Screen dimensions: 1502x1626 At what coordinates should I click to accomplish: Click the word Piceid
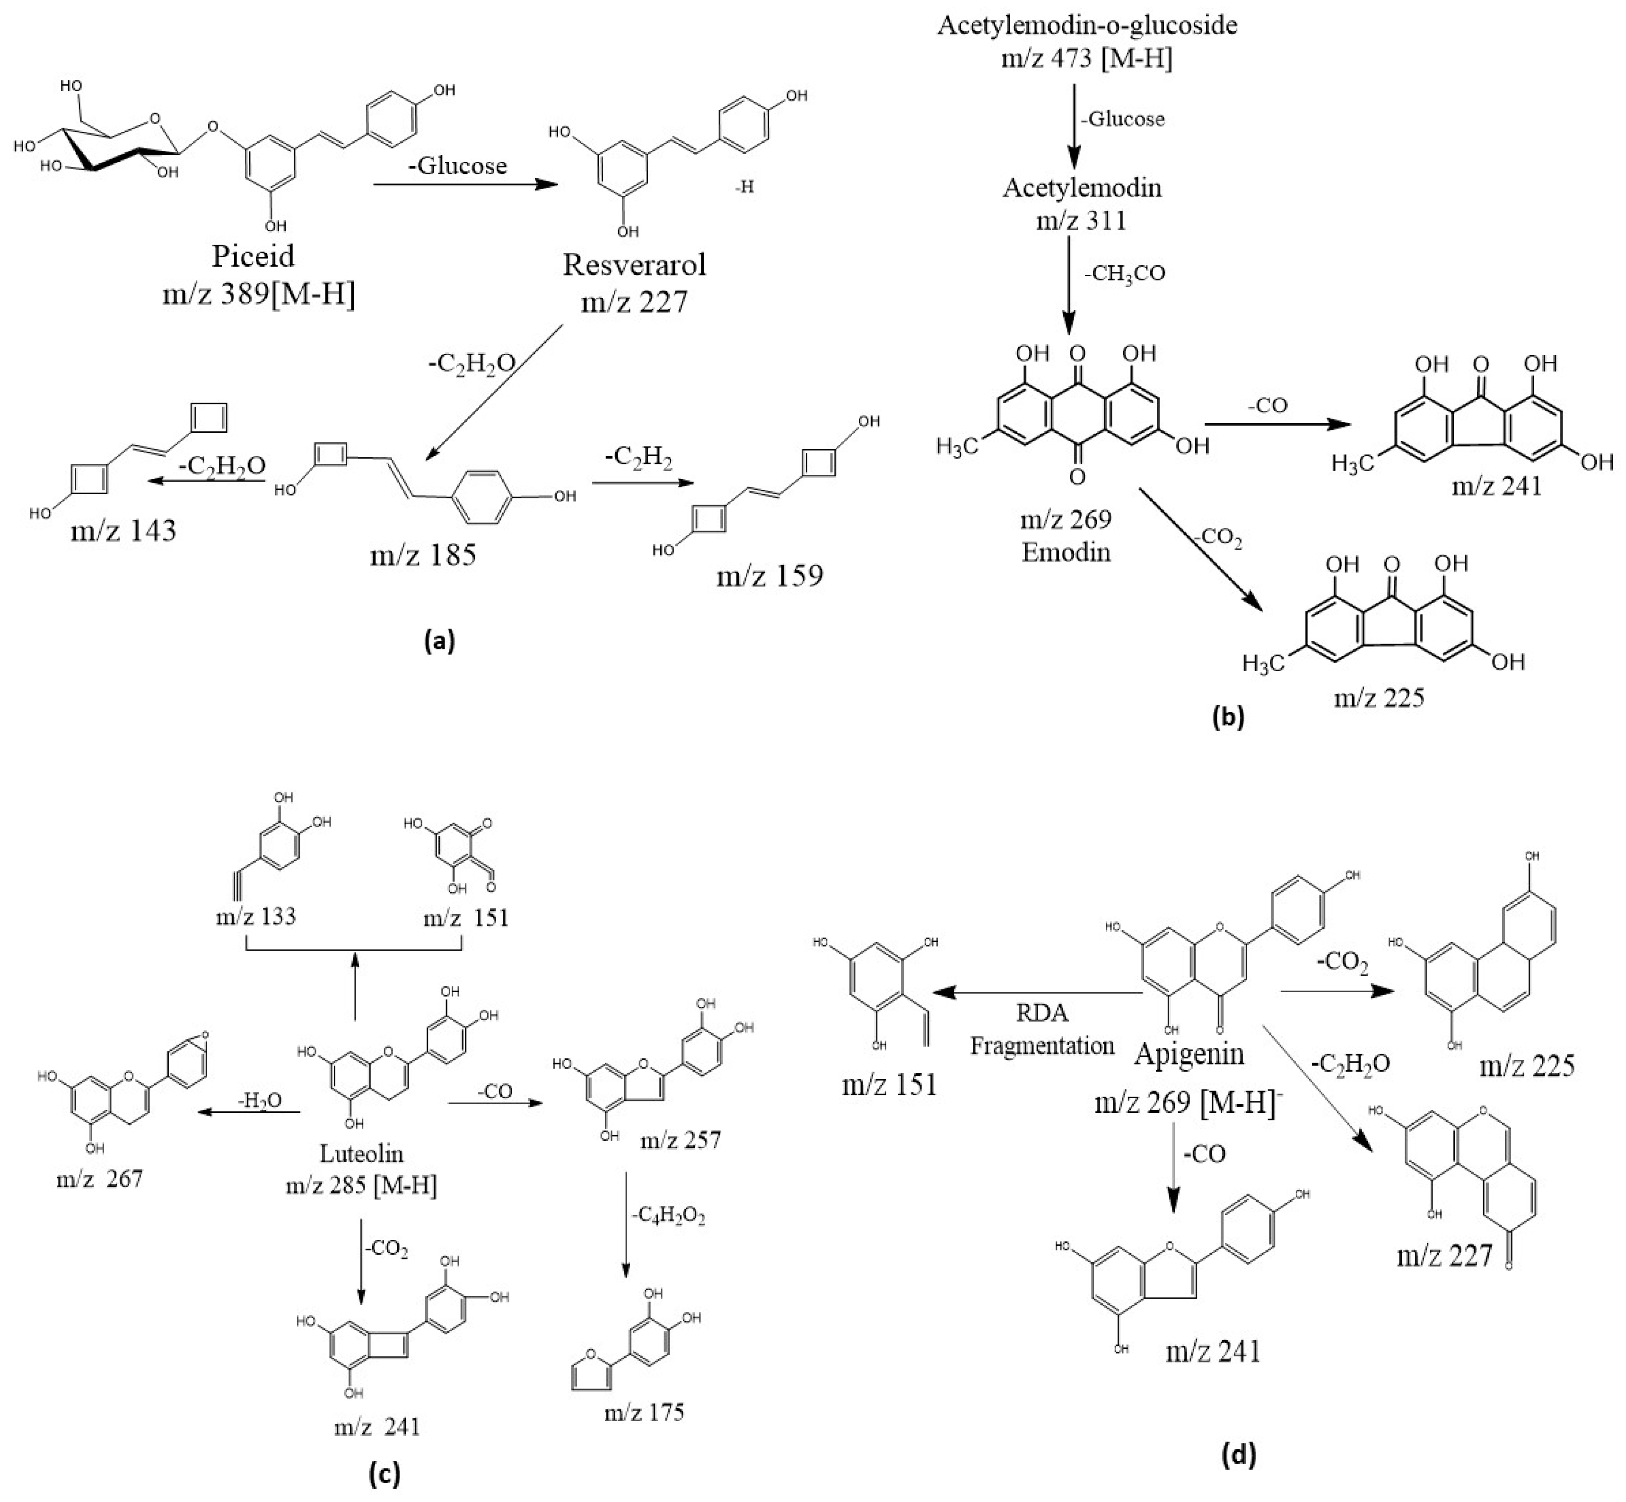click(253, 257)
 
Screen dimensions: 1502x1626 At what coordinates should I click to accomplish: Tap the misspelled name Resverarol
click(634, 265)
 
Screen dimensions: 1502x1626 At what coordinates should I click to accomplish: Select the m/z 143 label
click(123, 531)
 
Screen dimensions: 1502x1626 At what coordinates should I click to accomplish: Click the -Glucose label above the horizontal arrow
click(458, 166)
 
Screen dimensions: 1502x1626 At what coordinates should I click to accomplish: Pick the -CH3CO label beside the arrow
click(1125, 273)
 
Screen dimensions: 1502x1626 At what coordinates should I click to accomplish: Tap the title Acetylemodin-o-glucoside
click(1087, 25)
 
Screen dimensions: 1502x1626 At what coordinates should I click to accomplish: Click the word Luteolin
click(361, 1153)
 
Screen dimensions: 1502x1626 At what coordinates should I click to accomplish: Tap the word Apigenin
click(1189, 1054)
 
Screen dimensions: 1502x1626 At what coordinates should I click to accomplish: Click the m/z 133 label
click(255, 917)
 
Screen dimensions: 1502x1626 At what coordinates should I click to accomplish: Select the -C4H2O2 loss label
click(668, 1217)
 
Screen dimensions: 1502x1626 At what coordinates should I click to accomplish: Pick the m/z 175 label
click(644, 1413)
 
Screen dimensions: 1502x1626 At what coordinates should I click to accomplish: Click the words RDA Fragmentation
click(1042, 1029)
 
